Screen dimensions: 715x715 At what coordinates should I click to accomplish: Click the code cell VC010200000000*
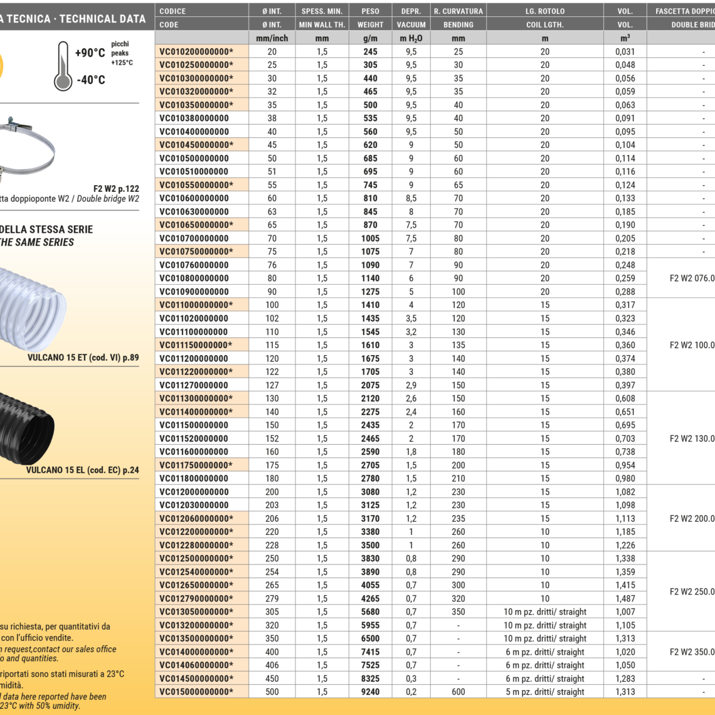[x=196, y=51]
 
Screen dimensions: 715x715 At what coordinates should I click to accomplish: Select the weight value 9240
[x=370, y=692]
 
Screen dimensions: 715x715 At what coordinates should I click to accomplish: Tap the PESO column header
[x=370, y=11]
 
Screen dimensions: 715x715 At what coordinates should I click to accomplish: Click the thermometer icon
[x=63, y=66]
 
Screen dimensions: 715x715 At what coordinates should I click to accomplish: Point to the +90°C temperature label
[x=90, y=53]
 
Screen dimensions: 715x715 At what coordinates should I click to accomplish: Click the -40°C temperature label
[x=91, y=80]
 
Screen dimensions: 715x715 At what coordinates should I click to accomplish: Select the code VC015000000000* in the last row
[x=196, y=692]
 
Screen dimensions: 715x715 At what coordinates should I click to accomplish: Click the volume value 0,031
[x=625, y=51]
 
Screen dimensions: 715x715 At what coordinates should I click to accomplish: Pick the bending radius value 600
[x=458, y=692]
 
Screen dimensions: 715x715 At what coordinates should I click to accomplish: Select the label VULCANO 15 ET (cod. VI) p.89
[x=83, y=358]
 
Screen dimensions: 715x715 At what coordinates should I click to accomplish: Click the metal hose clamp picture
[x=28, y=147]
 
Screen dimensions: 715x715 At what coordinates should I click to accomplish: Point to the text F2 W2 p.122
[x=116, y=188]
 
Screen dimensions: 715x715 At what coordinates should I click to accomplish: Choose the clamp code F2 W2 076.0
[x=692, y=278]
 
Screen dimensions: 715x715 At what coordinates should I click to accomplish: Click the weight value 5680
[x=370, y=612]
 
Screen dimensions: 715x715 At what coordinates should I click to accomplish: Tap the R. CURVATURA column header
[x=458, y=11]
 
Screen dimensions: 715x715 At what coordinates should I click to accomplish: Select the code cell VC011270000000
[x=194, y=385]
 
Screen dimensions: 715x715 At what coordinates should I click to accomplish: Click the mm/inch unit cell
[x=272, y=38]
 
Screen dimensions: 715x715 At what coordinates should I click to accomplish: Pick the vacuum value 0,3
[x=411, y=679]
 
